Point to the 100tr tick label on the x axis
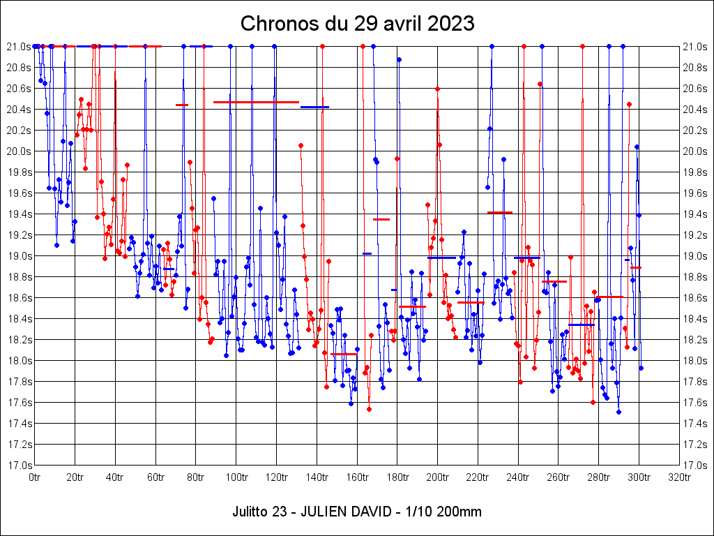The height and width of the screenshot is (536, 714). [236, 477]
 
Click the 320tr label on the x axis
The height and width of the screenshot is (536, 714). [679, 477]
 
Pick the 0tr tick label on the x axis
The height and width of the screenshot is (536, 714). [35, 477]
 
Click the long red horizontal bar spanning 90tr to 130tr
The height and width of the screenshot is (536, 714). [256, 102]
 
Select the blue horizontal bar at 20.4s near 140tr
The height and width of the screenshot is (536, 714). [314, 107]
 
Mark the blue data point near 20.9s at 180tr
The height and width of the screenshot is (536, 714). [399, 59]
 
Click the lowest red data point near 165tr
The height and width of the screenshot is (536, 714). [369, 409]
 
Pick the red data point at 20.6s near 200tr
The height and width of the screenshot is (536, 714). [437, 89]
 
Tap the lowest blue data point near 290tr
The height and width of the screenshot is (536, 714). [618, 412]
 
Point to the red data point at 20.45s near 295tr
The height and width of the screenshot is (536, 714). [629, 104]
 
